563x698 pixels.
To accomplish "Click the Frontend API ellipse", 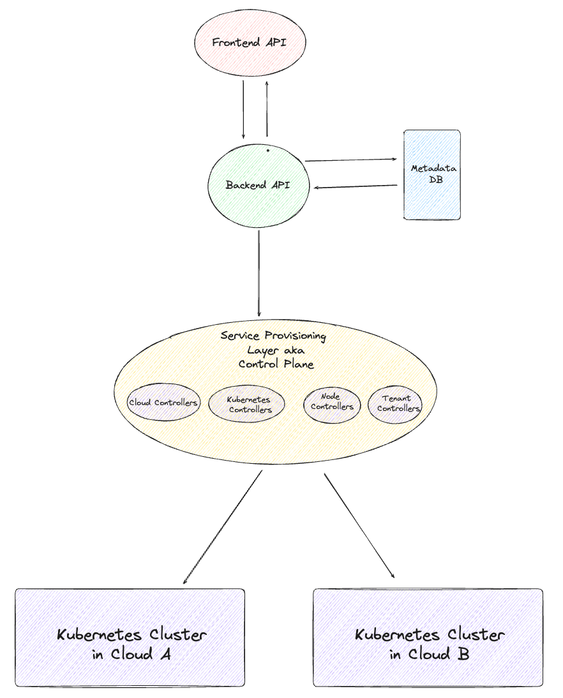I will pyautogui.click(x=250, y=43).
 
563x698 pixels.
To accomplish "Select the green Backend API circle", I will pyautogui.click(x=259, y=186).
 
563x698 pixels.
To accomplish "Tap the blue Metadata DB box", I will pyautogui.click(x=432, y=175).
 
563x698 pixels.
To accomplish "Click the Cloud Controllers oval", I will pyautogui.click(x=163, y=403).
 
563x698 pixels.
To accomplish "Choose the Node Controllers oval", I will pyautogui.click(x=332, y=402).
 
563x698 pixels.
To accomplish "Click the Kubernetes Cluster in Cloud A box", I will pyautogui.click(x=130, y=638).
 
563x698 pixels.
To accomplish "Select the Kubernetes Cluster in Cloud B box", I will pyautogui.click(x=428, y=638).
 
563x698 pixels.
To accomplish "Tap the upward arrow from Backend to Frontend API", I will pyautogui.click(x=266, y=108).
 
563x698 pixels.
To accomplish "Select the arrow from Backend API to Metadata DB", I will pyautogui.click(x=351, y=160).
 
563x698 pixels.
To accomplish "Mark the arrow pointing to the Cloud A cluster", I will pyautogui.click(x=222, y=527).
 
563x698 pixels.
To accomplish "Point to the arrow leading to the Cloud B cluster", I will pyautogui.click(x=359, y=526).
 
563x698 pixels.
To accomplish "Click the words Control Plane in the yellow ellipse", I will pyautogui.click(x=276, y=364).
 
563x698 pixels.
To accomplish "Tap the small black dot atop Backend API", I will pyautogui.click(x=267, y=151).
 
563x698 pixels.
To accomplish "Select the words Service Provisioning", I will pyautogui.click(x=273, y=336).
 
